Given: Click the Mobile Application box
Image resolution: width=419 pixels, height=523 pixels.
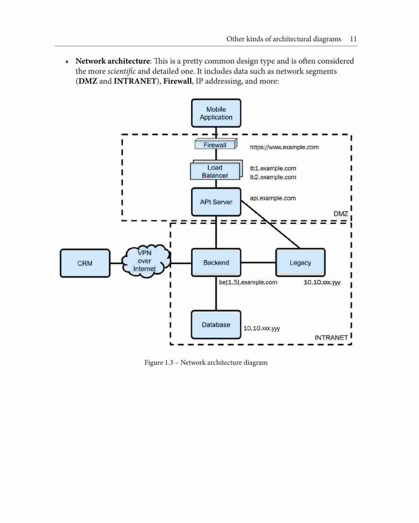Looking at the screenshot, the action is point(216,113).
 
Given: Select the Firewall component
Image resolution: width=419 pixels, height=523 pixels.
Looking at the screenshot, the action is point(216,144).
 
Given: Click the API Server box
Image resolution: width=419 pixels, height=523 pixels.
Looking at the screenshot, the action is point(216,202).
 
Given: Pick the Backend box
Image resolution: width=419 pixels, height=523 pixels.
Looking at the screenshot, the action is point(216,262).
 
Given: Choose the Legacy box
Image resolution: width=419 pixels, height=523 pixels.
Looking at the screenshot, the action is point(301,262).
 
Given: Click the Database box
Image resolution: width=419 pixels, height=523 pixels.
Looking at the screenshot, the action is point(216,325).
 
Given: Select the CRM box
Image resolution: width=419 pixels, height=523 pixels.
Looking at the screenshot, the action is point(85,263).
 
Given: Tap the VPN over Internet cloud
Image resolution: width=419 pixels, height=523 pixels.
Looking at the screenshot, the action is point(145,261).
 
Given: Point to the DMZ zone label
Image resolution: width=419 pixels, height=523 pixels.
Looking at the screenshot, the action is point(341,214).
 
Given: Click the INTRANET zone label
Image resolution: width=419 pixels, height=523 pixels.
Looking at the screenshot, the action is point(331,337).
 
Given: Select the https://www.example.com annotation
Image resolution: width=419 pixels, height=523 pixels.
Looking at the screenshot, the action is point(284,147).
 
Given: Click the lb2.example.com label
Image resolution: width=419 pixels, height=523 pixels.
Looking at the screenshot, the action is point(273,177).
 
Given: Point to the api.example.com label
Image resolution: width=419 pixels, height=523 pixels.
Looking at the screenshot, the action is point(273,198).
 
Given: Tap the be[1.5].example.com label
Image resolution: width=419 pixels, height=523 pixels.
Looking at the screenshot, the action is point(248,282).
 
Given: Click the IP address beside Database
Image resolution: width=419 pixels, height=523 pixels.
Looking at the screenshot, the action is point(261,328).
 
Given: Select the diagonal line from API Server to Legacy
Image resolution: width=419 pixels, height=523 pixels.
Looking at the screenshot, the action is point(270,225).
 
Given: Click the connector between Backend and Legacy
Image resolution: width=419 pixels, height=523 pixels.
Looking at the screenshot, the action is point(258,262).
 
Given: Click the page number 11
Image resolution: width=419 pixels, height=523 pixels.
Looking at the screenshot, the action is point(353,39).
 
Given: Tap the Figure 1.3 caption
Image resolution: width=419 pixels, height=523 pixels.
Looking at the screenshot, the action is point(206,362).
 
